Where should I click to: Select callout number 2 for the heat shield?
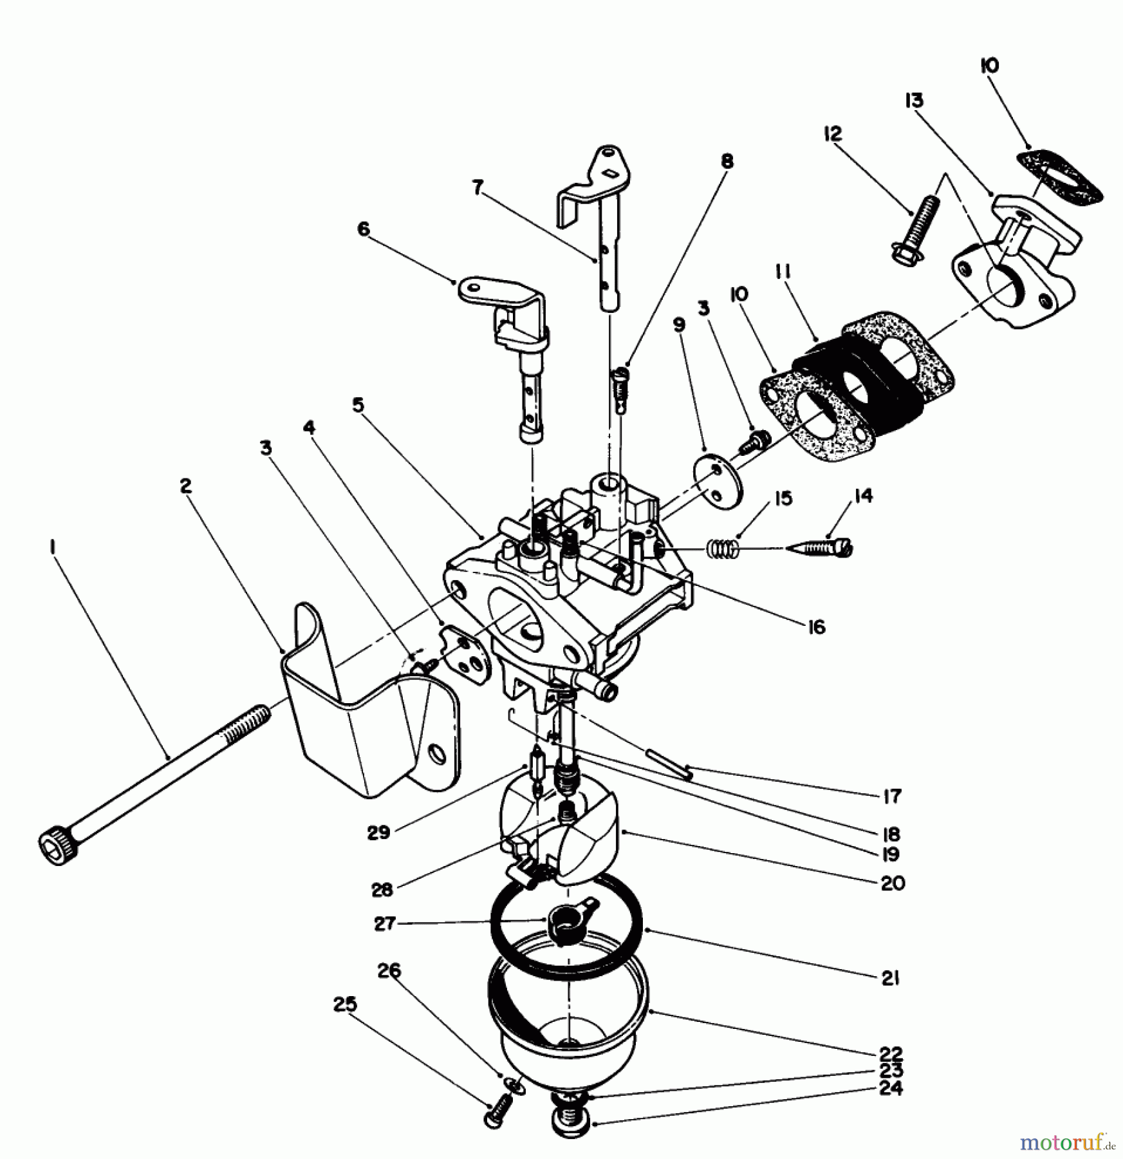(185, 485)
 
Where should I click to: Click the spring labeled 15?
(722, 549)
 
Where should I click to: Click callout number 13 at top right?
(914, 100)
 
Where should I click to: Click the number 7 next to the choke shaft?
(477, 187)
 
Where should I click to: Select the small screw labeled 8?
(618, 390)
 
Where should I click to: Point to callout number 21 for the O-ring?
(891, 979)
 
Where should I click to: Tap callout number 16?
(816, 627)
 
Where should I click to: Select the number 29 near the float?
(378, 832)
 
